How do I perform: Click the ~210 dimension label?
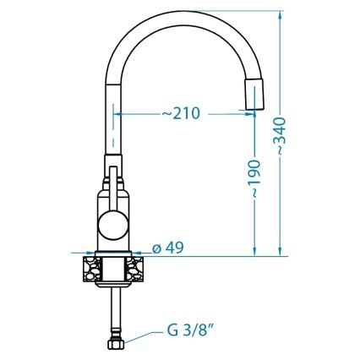[x=180, y=113]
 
